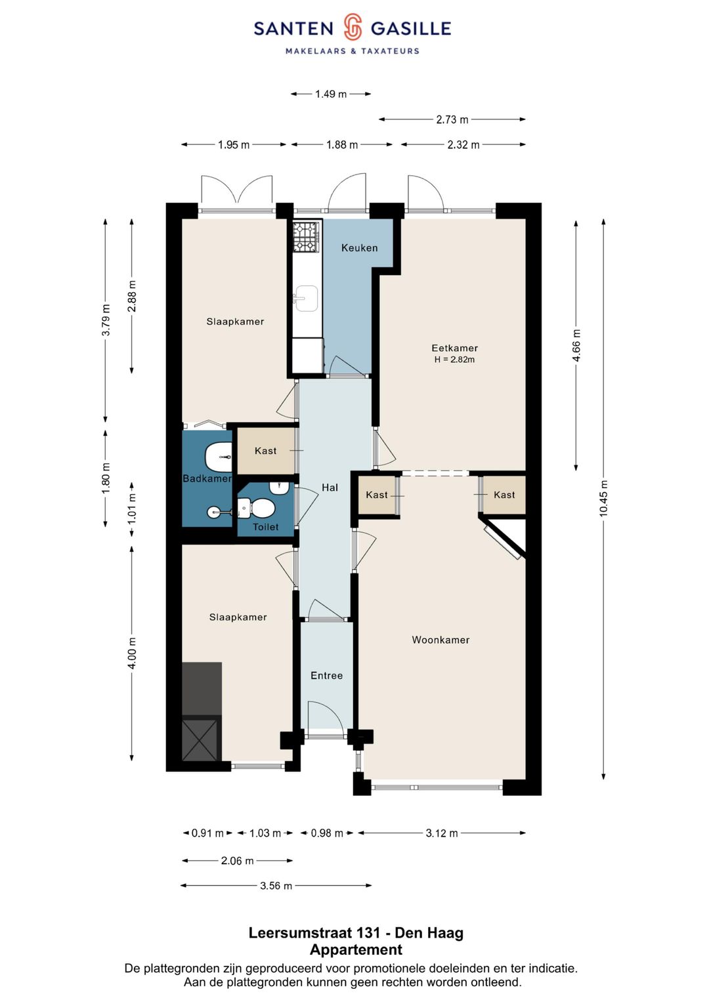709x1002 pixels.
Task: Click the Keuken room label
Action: [359, 248]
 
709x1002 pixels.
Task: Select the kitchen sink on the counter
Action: [306, 299]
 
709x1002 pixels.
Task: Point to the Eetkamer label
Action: [454, 348]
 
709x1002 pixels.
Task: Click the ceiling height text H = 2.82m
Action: [454, 359]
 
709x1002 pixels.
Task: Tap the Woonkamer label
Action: [440, 640]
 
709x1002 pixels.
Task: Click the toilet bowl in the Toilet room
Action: [257, 507]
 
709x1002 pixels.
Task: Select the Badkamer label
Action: [207, 478]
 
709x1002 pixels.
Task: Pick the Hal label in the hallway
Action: [330, 488]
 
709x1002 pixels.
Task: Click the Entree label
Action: [327, 675]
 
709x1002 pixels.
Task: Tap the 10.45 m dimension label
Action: [604, 499]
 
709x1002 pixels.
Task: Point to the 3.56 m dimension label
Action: [276, 886]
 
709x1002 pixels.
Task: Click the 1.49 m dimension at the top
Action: [331, 94]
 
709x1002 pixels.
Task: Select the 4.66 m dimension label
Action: [576, 345]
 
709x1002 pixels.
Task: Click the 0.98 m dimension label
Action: [327, 833]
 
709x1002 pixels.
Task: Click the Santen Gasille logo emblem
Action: [353, 28]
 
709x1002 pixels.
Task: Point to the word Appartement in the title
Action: [356, 950]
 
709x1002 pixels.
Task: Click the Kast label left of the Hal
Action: [265, 451]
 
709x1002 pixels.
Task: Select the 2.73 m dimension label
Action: [452, 119]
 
